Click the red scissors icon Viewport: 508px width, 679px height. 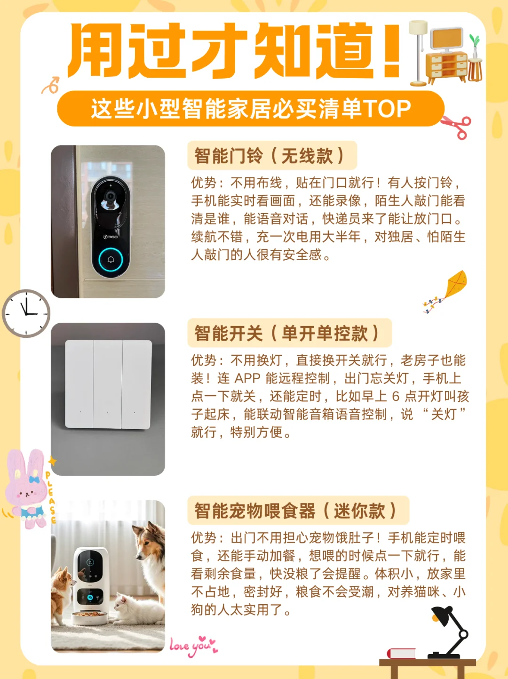457,126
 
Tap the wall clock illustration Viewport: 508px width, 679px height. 26,313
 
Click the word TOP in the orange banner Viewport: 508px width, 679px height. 387,109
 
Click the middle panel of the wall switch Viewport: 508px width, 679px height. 108,384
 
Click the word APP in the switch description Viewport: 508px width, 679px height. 247,378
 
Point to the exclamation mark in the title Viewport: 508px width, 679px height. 391,51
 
